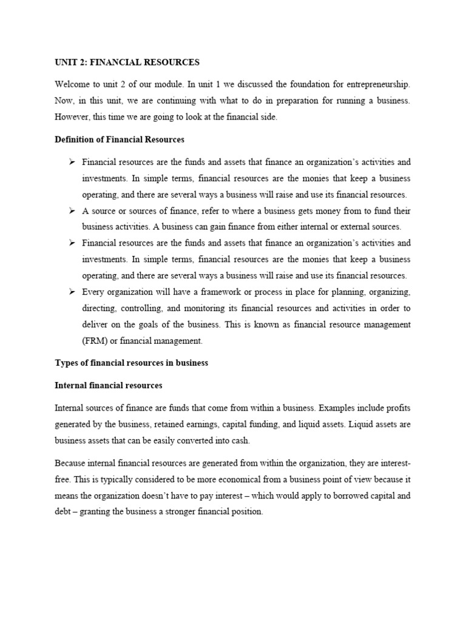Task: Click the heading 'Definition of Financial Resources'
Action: click(120, 139)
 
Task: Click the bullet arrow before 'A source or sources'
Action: click(72, 210)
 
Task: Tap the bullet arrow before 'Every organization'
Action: click(72, 292)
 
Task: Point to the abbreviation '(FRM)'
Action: click(95, 341)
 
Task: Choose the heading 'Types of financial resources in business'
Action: click(132, 363)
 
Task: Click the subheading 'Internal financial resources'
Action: click(109, 385)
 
